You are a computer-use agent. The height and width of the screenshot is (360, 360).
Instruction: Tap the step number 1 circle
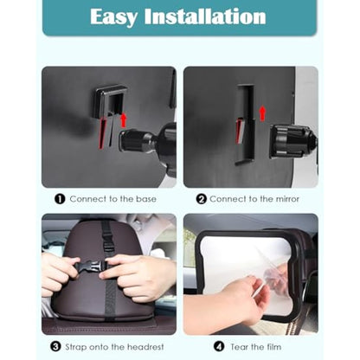pos(60,198)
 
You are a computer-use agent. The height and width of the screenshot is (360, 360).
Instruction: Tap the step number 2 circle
pos(201,198)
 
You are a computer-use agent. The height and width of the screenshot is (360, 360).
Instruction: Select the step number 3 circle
pos(55,345)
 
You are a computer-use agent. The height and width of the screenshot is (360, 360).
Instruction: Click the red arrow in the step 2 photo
pos(262,112)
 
